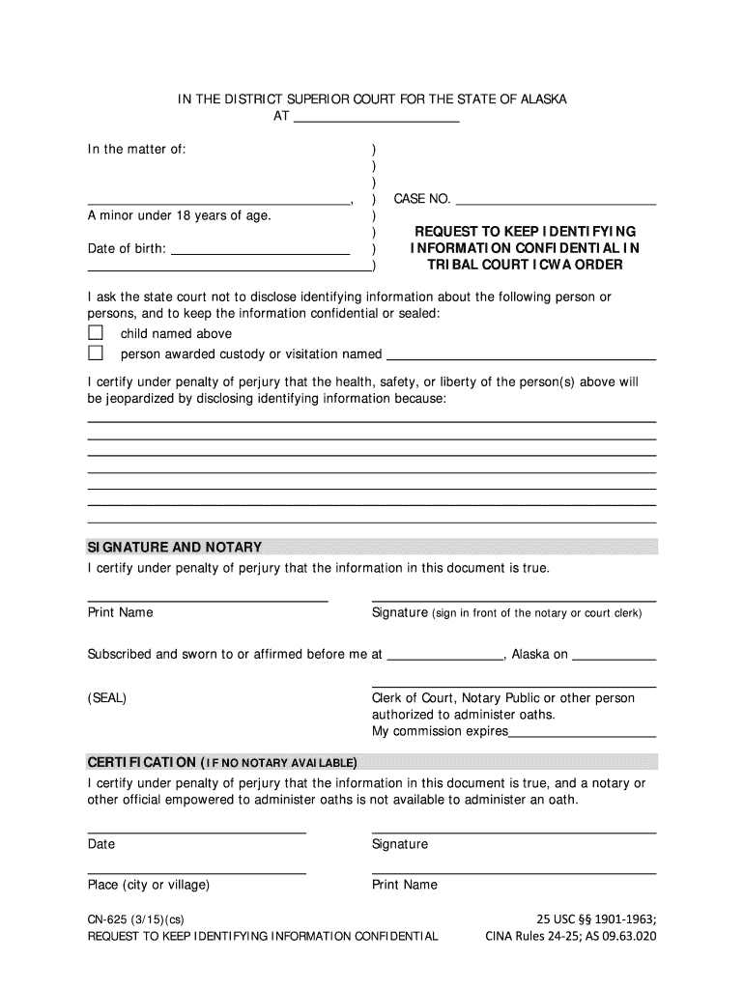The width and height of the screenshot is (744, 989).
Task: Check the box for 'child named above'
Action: tap(95, 333)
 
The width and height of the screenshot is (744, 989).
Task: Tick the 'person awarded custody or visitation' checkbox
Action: tap(95, 353)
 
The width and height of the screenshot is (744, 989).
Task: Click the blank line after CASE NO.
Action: tap(555, 199)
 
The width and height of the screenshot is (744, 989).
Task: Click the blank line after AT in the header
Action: tap(375, 117)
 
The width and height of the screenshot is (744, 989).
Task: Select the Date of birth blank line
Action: tap(259, 248)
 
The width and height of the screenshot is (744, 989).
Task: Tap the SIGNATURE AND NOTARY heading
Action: tap(175, 548)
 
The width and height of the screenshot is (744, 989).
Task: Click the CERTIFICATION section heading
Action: tap(222, 760)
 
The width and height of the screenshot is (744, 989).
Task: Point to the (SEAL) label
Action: tap(107, 698)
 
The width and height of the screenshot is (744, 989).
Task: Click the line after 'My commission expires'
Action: tap(582, 732)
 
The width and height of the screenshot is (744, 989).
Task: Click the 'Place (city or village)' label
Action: tap(149, 885)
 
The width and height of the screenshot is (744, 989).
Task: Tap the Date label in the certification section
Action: tap(101, 844)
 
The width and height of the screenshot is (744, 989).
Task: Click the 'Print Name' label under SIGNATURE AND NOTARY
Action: tap(121, 612)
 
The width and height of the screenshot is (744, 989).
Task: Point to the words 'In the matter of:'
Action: tap(137, 150)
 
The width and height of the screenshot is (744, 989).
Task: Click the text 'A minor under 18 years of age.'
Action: tap(180, 215)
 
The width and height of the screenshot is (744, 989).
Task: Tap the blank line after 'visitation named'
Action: tap(521, 354)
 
